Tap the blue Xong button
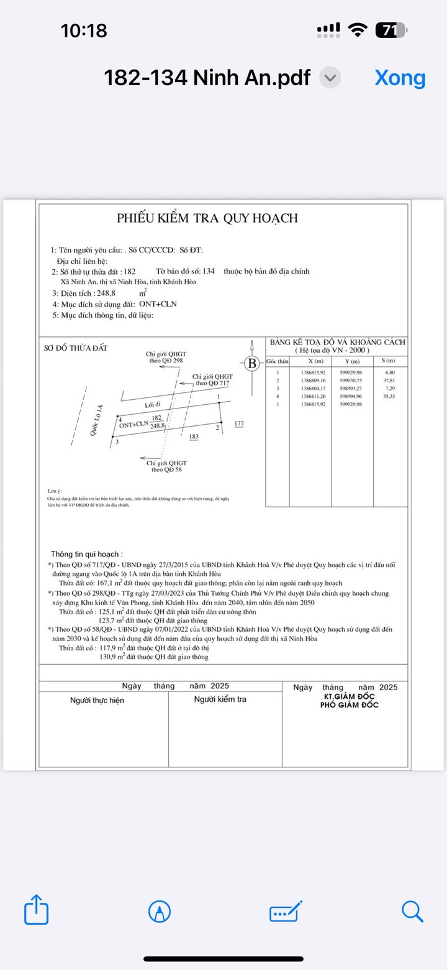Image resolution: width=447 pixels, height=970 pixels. tap(400, 78)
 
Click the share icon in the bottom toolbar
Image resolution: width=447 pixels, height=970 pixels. tap(36, 912)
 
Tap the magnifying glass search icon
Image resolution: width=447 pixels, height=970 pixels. tap(412, 912)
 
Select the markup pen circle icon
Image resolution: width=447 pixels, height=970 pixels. tap(160, 912)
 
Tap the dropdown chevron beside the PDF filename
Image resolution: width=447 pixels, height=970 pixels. tap(330, 78)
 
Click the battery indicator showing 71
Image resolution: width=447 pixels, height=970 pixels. tap(392, 30)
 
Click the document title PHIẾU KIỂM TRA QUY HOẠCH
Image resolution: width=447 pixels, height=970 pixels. tap(207, 218)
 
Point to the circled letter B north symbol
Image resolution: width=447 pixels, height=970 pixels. tap(252, 364)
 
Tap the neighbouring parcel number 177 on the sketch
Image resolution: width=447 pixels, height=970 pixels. tap(239, 424)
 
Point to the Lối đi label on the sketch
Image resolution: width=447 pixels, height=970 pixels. tap(153, 405)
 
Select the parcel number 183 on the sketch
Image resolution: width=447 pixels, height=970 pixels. tap(194, 437)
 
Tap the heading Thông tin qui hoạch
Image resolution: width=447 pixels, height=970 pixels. tap(86, 553)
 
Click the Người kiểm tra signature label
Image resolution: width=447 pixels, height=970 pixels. tap(220, 700)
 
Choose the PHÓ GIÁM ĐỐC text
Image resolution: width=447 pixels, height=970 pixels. tap(349, 705)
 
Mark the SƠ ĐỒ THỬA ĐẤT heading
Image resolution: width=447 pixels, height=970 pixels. tap(76, 348)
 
